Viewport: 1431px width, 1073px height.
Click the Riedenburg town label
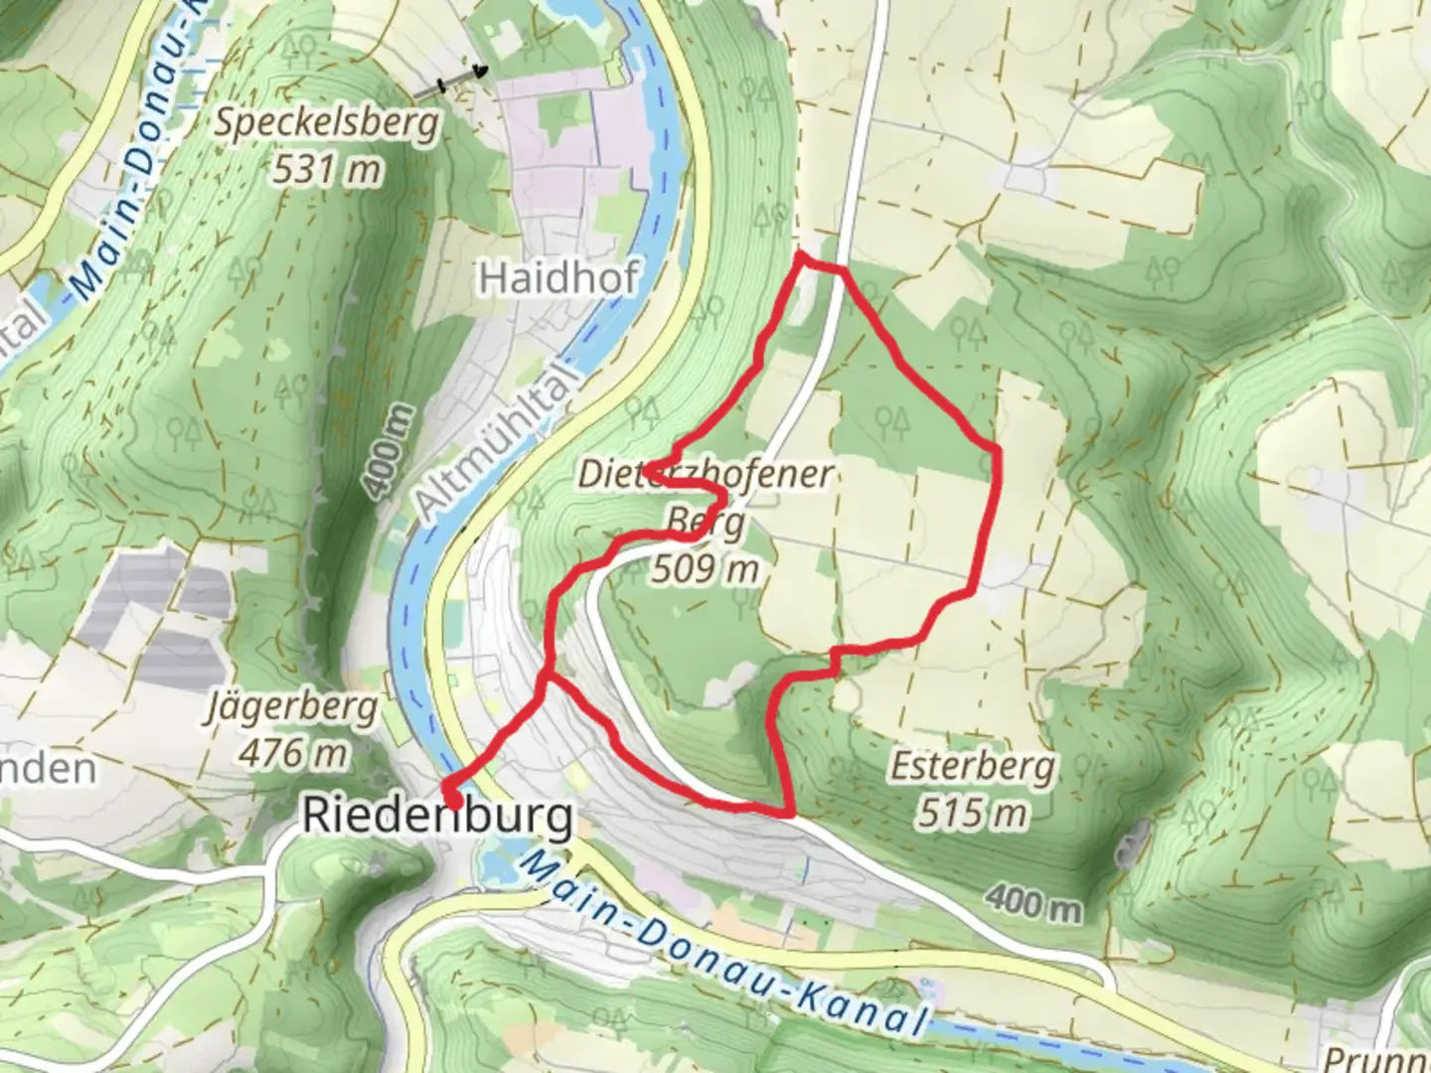tap(437, 817)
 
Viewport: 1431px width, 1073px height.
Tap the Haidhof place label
tap(557, 278)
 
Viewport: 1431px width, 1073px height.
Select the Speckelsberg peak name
tap(327, 124)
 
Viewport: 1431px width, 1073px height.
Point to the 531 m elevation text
tap(327, 170)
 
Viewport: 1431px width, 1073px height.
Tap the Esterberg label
tap(972, 767)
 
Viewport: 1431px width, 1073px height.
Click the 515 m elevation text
tap(972, 814)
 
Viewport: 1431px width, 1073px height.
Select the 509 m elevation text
tap(706, 569)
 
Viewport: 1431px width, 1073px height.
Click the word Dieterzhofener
tap(706, 475)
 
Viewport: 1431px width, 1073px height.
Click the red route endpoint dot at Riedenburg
tap(452, 799)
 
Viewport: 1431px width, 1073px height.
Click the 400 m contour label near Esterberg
tap(1033, 902)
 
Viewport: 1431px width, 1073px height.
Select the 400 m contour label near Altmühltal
tap(388, 452)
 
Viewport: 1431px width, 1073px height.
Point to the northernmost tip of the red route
tap(800, 257)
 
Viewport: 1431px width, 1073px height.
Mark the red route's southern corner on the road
tap(790, 814)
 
